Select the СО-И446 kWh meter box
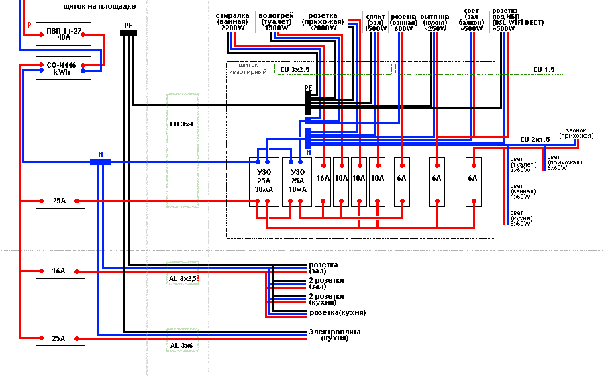point(59,68)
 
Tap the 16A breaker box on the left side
point(60,271)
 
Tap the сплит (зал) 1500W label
point(376,22)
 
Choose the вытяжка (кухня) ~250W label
point(434,22)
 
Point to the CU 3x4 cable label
point(182,124)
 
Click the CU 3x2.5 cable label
point(295,69)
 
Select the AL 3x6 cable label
point(181,345)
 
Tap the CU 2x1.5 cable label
point(535,139)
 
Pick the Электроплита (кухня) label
point(334,335)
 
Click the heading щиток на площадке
point(99,6)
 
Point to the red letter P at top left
point(28,26)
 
